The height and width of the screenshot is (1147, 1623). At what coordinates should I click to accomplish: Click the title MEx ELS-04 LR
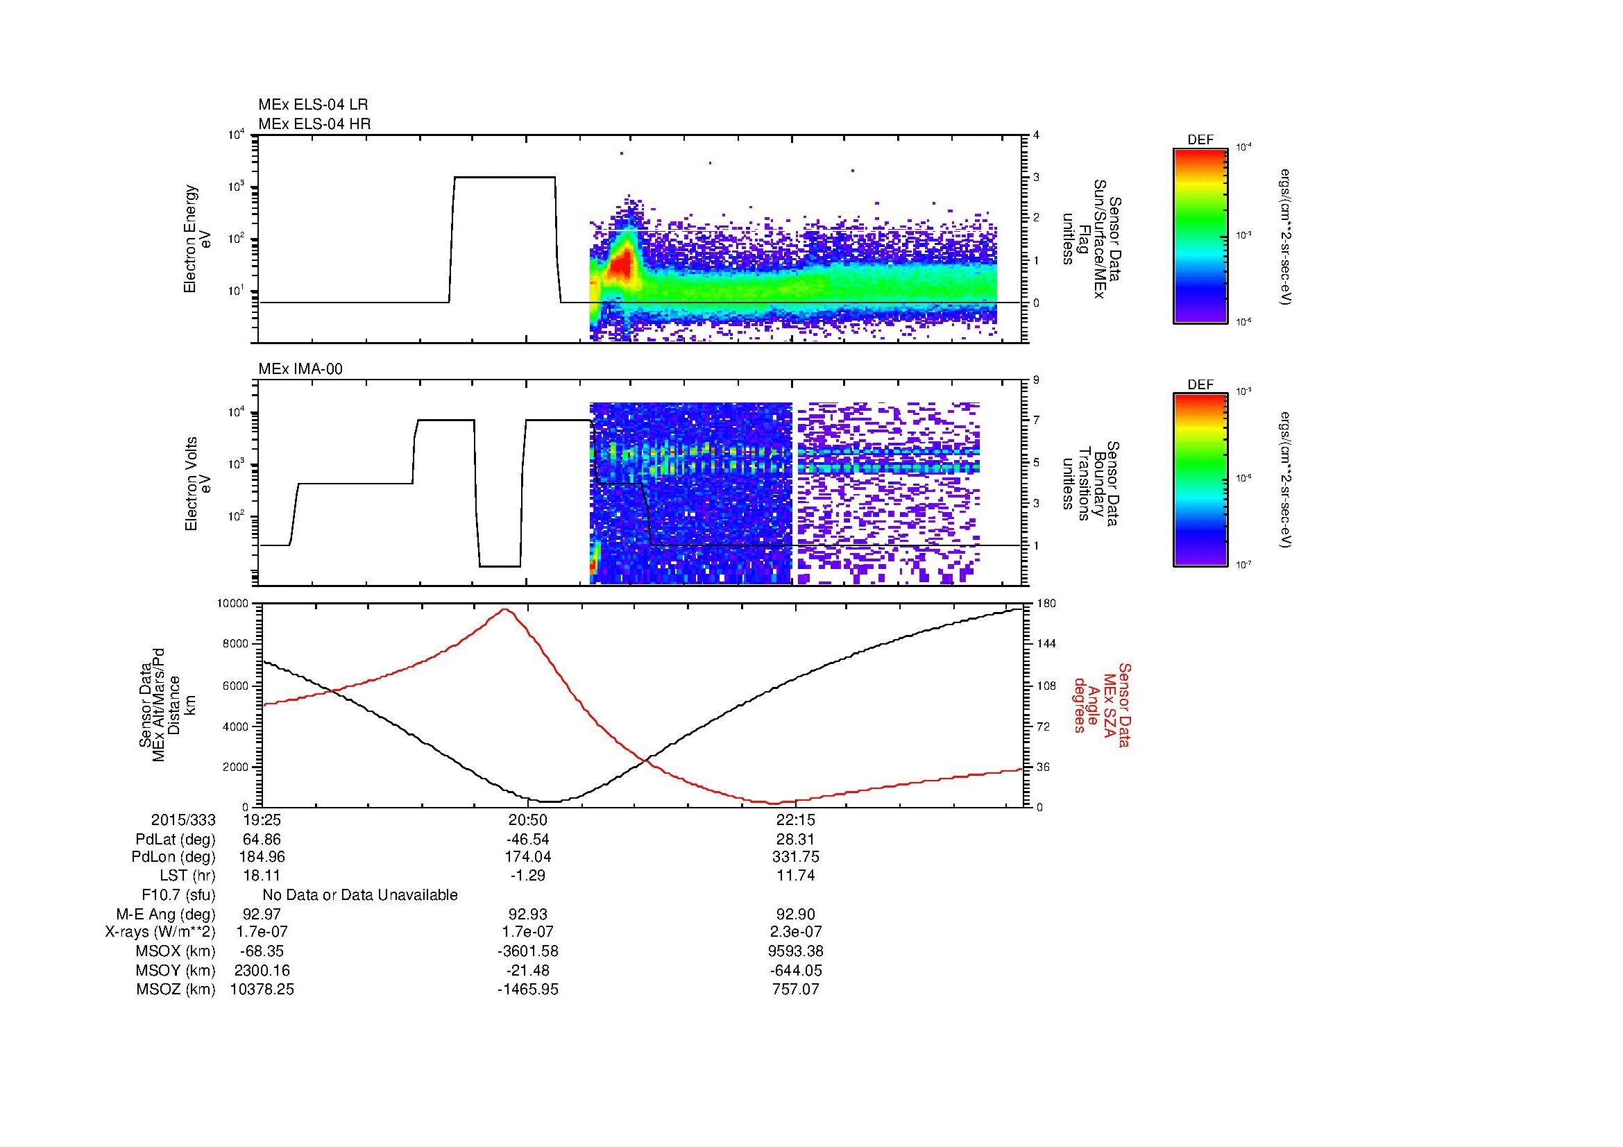[x=312, y=105]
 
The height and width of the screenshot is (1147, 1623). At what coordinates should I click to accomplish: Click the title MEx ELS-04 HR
[x=314, y=124]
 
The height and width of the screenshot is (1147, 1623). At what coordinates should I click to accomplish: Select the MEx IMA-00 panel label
[x=300, y=369]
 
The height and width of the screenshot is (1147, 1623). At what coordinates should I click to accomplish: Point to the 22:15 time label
[x=796, y=819]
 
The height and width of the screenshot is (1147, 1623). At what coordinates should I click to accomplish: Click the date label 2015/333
[x=183, y=819]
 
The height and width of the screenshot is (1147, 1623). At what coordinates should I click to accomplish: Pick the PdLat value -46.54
[x=528, y=840]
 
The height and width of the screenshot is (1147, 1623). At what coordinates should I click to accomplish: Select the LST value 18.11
[x=262, y=876]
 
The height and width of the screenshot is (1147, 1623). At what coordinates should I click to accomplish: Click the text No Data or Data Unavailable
[x=360, y=895]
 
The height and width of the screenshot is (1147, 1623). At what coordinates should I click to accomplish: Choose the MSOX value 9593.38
[x=796, y=951]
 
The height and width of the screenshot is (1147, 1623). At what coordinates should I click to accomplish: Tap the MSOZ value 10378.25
[x=262, y=989]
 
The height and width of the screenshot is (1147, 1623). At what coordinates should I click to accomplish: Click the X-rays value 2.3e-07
[x=796, y=932]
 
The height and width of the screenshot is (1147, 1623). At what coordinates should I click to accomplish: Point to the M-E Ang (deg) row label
[x=165, y=915]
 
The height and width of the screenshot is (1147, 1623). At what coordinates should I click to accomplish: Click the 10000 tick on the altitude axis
[x=232, y=604]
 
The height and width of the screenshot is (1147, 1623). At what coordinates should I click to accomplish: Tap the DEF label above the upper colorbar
[x=1200, y=141]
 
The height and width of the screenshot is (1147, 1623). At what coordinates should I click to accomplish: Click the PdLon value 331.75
[x=796, y=857]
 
